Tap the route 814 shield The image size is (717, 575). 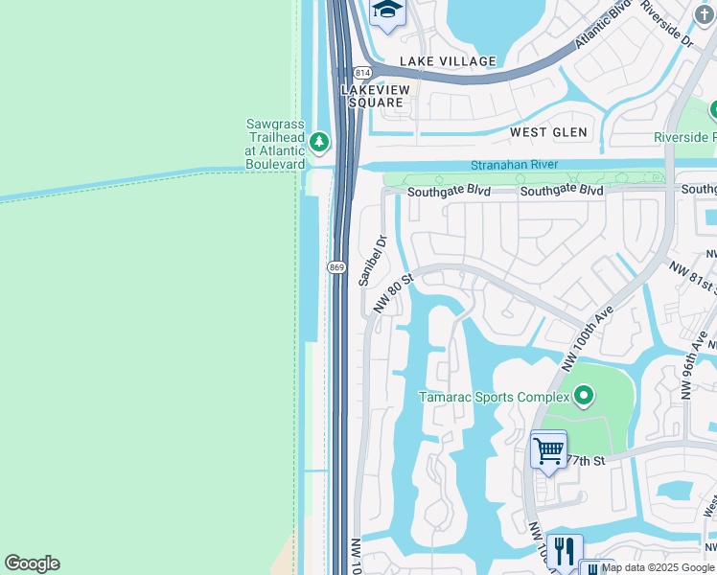click(x=361, y=73)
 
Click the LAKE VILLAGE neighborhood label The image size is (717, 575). click(x=448, y=61)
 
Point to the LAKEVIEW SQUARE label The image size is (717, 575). click(x=377, y=97)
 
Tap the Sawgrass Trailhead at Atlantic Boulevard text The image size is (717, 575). click(x=275, y=144)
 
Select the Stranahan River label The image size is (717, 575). click(x=514, y=165)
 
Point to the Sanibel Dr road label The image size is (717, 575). click(x=370, y=261)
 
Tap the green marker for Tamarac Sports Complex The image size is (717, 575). click(x=583, y=395)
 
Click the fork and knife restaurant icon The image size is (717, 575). click(x=565, y=551)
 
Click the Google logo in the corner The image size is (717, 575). click(x=32, y=563)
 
